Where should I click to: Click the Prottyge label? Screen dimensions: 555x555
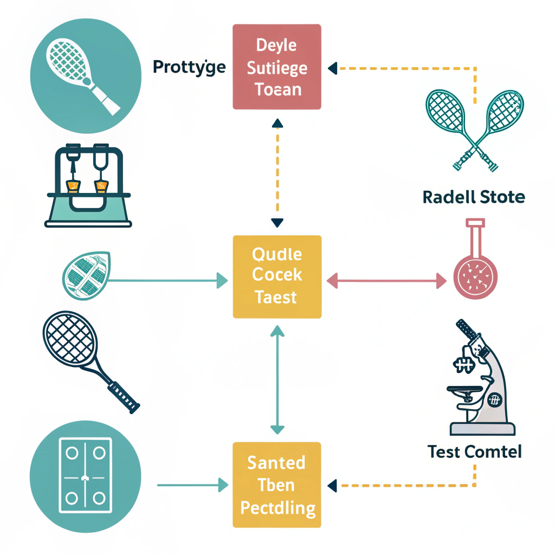click(x=189, y=68)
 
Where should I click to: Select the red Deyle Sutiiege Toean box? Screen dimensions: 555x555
click(x=277, y=67)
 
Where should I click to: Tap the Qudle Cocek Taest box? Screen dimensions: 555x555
click(x=277, y=276)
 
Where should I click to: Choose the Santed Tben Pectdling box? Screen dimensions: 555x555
click(x=277, y=485)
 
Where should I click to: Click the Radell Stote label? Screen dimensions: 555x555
click(x=473, y=197)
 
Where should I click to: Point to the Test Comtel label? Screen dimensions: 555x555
click(x=474, y=451)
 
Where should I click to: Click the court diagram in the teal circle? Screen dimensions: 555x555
click(x=85, y=475)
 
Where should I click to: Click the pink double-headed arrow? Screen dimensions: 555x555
click(x=386, y=281)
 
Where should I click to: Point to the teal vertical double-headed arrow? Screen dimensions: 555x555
click(x=277, y=379)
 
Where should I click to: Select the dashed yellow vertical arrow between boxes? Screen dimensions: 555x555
click(x=277, y=172)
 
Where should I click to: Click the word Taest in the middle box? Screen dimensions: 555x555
click(x=277, y=297)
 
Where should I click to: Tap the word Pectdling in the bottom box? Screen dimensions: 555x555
click(x=277, y=508)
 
